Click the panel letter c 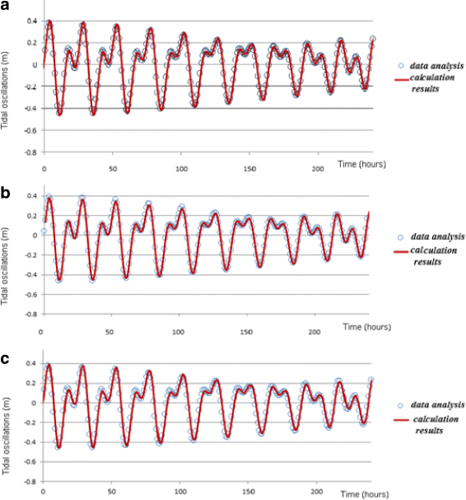(7, 358)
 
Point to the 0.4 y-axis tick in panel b (30, 195)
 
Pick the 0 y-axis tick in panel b (33, 235)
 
